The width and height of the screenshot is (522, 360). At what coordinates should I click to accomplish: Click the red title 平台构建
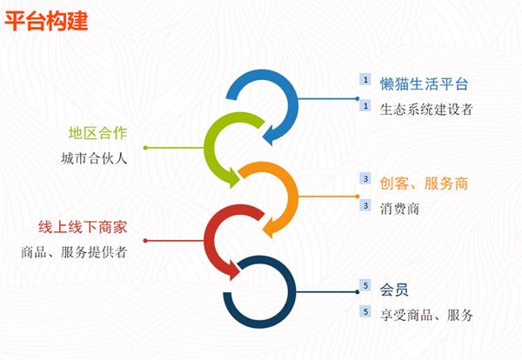(x=46, y=21)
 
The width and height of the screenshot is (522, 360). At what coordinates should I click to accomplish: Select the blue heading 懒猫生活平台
(x=425, y=83)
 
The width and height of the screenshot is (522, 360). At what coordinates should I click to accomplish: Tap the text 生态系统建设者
(x=426, y=110)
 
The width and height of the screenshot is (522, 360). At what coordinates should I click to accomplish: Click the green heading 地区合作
(x=97, y=133)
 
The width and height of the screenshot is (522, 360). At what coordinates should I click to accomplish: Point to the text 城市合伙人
(x=94, y=158)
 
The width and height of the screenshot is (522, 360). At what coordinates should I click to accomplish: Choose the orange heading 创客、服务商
(x=425, y=183)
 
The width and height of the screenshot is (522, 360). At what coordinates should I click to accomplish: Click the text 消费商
(x=399, y=209)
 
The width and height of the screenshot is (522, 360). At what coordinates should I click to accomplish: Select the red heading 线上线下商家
(x=83, y=227)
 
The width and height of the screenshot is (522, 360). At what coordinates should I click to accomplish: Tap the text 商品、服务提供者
(x=74, y=252)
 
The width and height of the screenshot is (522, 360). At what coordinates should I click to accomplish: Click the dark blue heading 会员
(x=394, y=290)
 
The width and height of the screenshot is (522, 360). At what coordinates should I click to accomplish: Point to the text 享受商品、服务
(x=426, y=315)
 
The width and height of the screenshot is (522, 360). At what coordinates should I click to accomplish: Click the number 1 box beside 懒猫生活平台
(x=365, y=79)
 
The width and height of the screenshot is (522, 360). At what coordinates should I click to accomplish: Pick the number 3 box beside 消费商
(x=365, y=205)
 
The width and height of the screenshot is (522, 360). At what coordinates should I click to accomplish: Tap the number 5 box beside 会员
(x=365, y=285)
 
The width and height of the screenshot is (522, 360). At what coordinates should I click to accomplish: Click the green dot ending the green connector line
(x=145, y=148)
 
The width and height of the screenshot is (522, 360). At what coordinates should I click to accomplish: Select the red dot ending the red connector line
(x=145, y=241)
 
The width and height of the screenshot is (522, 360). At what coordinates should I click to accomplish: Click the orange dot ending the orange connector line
(x=358, y=197)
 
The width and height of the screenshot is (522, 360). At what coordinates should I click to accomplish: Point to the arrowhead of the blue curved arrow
(x=270, y=136)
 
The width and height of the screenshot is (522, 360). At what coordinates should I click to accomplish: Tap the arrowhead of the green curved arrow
(x=233, y=177)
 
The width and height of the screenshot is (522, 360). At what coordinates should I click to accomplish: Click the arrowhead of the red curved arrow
(x=233, y=270)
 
